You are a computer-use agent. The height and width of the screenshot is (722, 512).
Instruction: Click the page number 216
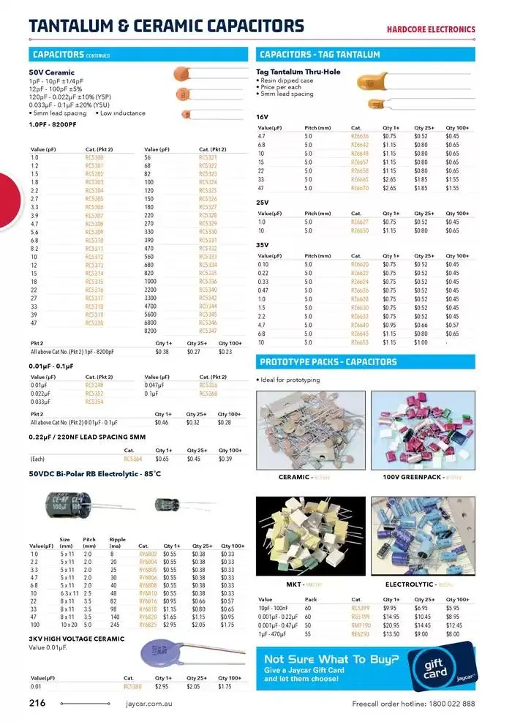(37, 703)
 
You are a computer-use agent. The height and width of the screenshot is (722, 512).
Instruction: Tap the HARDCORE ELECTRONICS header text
(431, 30)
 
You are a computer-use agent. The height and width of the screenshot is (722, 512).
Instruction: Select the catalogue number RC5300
(94, 157)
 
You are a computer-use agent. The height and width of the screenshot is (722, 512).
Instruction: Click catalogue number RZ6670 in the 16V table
(360, 188)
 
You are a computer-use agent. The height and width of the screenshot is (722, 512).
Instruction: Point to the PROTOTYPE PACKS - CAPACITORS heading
(328, 362)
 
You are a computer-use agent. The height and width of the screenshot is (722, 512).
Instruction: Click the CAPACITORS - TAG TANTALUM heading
(320, 54)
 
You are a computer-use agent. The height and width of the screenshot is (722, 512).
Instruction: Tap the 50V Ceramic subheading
(52, 73)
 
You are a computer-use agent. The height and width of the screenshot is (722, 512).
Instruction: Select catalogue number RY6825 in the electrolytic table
(148, 624)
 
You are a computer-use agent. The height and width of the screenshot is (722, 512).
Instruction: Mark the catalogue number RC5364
(133, 459)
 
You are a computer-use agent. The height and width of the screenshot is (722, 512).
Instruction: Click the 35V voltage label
(263, 244)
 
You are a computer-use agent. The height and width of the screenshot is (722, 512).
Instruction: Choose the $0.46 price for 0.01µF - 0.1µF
(162, 422)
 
